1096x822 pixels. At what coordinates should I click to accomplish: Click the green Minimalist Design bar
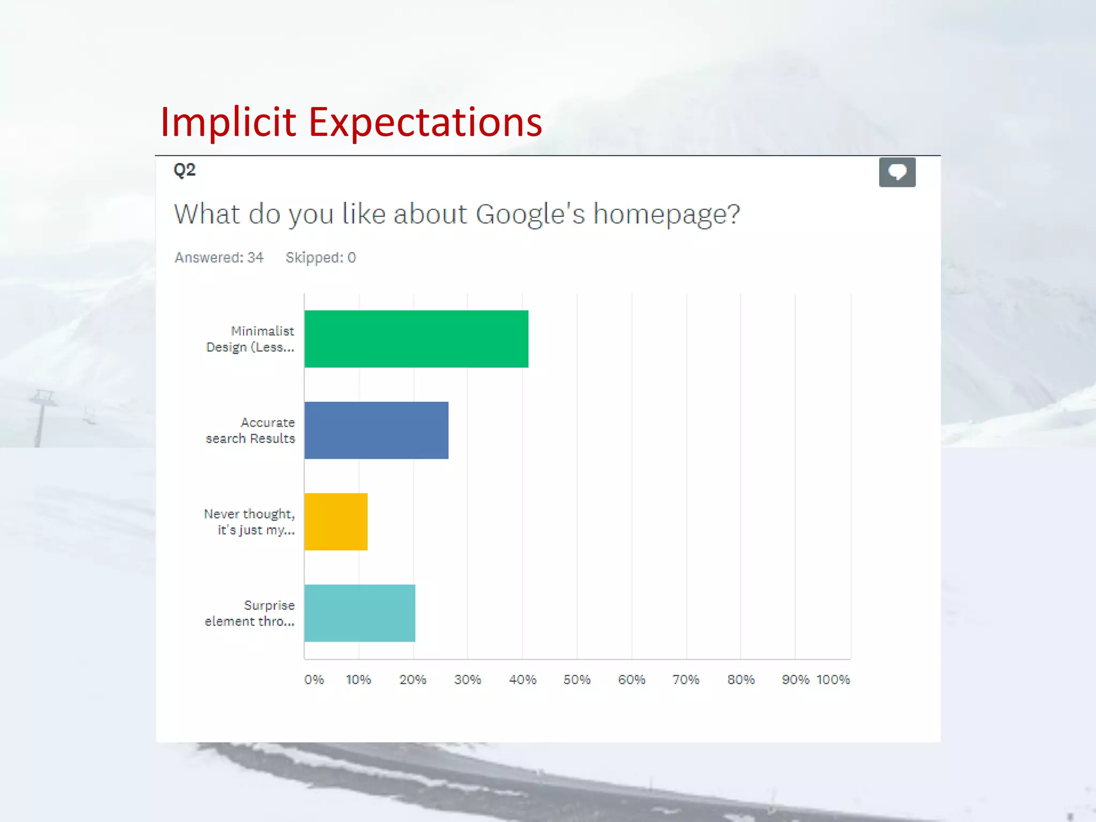pyautogui.click(x=416, y=339)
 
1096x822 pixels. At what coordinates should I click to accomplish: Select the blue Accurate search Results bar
pyautogui.click(x=376, y=430)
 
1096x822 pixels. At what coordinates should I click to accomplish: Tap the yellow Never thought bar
pyautogui.click(x=336, y=522)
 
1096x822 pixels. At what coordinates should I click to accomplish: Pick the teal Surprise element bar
pyautogui.click(x=360, y=613)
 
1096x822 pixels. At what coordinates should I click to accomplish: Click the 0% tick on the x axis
pyautogui.click(x=314, y=680)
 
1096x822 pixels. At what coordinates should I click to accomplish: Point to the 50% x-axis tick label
pyautogui.click(x=577, y=680)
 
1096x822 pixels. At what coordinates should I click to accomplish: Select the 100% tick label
pyautogui.click(x=833, y=680)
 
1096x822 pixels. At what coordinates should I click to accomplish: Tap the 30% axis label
pyautogui.click(x=468, y=680)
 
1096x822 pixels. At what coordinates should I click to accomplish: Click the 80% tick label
pyautogui.click(x=741, y=680)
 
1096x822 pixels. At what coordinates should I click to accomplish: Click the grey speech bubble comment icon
pyautogui.click(x=897, y=172)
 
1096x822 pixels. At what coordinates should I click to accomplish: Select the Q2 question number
pyautogui.click(x=185, y=170)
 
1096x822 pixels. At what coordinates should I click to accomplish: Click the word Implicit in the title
pyautogui.click(x=228, y=123)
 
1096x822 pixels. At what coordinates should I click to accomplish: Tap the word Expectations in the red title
pyautogui.click(x=425, y=123)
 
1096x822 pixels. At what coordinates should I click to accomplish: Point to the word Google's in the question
pyautogui.click(x=530, y=214)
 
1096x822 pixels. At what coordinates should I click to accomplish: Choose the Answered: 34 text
pyautogui.click(x=219, y=258)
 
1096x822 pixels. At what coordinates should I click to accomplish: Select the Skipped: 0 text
pyautogui.click(x=321, y=258)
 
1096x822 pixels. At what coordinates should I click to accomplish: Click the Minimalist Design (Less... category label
pyautogui.click(x=250, y=339)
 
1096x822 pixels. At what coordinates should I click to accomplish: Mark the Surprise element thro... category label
pyautogui.click(x=250, y=613)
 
